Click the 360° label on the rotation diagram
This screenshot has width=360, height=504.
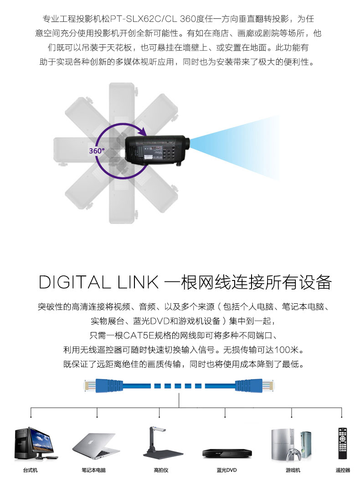click(x=97, y=151)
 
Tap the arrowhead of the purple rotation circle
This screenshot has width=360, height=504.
click(x=143, y=131)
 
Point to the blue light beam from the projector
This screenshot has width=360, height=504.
click(x=234, y=147)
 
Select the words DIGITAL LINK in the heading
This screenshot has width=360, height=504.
click(x=98, y=282)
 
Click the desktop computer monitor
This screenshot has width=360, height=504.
click(x=41, y=440)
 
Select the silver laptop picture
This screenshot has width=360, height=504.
click(x=93, y=446)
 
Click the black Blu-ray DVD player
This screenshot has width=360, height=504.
click(x=227, y=453)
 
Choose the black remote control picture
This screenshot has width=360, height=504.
click(x=342, y=443)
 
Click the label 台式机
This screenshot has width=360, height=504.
click(x=30, y=470)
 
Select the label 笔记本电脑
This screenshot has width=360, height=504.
click(x=93, y=470)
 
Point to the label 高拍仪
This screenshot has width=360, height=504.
click(x=161, y=470)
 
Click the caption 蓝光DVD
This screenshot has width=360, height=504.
click(x=227, y=470)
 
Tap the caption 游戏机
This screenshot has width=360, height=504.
click(x=293, y=470)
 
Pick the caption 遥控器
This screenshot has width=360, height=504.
click(x=343, y=470)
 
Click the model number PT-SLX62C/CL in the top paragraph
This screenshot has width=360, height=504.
click(x=144, y=19)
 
